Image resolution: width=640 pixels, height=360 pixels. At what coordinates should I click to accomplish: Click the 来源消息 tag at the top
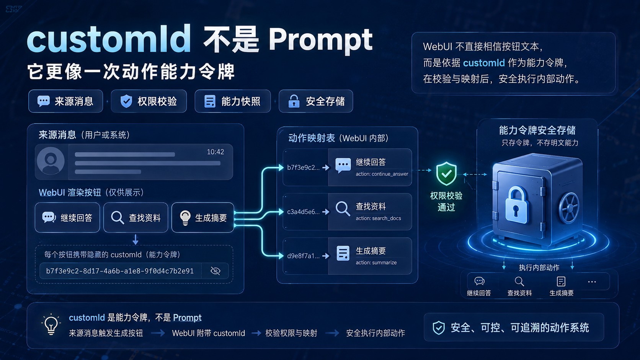coord(65,101)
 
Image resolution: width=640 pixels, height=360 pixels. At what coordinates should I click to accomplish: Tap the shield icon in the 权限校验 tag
coord(126,101)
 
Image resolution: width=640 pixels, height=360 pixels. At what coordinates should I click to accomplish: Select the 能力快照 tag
coord(233,101)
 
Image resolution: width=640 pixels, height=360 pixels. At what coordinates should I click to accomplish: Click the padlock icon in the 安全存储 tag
coord(294,101)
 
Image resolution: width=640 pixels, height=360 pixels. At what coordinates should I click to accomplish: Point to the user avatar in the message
coord(51,161)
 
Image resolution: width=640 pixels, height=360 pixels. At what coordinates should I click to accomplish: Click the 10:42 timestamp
coord(216,152)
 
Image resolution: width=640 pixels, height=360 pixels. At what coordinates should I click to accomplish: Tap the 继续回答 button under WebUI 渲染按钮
coord(67,218)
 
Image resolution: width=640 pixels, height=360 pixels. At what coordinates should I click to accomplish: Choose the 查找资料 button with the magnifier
coord(136,218)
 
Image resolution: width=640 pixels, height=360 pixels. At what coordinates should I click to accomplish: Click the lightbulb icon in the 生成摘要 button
coord(185,218)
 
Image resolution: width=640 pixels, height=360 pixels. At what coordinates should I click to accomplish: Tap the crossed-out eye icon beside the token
coord(216,270)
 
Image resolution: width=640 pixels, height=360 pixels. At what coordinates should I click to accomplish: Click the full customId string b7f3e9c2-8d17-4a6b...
coord(120,270)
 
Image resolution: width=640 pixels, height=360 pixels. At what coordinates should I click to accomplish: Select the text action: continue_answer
coord(382,174)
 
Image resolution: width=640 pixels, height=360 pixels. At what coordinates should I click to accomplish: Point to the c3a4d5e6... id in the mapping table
coord(303,212)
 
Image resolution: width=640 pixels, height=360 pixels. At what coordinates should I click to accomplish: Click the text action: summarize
coord(376,262)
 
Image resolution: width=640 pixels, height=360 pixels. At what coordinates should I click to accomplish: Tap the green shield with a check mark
coord(446,174)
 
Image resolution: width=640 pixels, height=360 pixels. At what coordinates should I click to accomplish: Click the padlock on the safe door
coord(516,205)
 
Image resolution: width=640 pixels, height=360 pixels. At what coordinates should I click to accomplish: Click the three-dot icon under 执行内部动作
coord(592,282)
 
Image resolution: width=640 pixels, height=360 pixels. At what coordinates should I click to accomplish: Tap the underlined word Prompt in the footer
coord(187,318)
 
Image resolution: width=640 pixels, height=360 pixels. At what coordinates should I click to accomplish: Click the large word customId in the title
coord(109,39)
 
